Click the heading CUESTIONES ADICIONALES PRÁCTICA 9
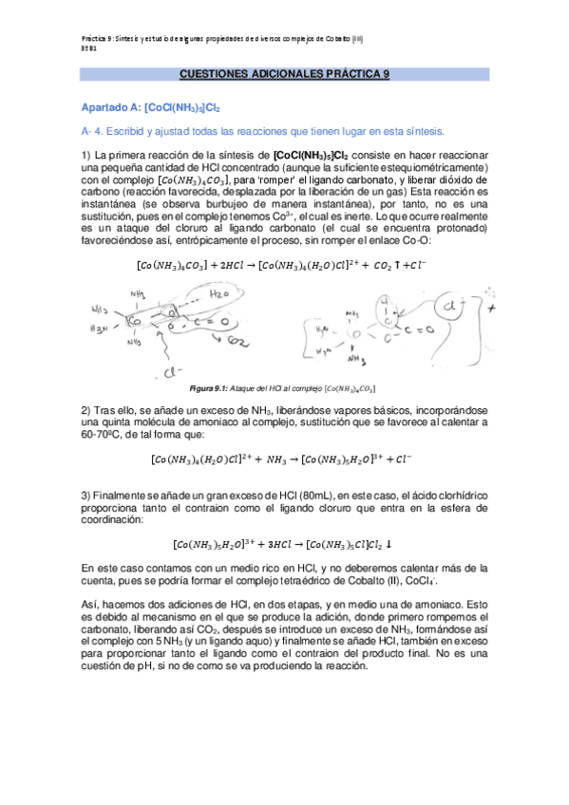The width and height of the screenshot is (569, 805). pyautogui.click(x=284, y=73)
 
